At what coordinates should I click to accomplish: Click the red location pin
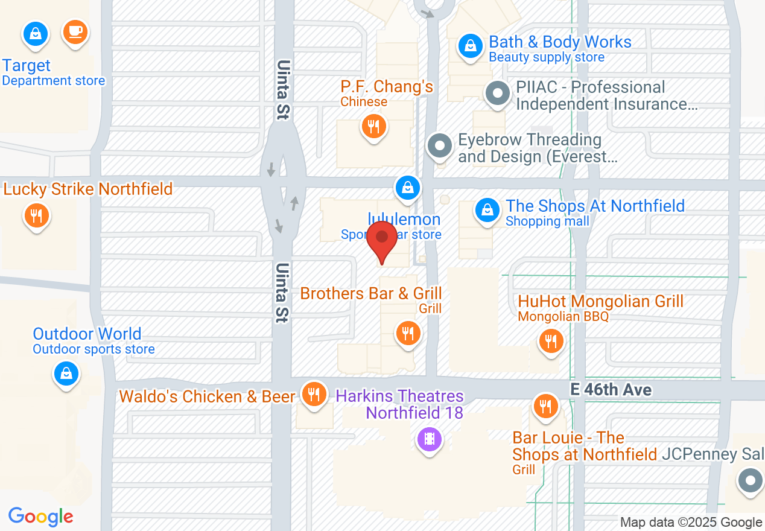pos(382,240)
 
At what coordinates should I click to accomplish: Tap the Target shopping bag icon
pos(36,34)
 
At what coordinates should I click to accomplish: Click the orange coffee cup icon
pos(75,32)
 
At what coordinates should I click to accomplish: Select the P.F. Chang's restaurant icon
pos(374,127)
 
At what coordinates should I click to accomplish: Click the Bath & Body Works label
pos(560,42)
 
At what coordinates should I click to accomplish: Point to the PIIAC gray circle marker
pos(498,94)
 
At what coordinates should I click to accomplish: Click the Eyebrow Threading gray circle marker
pos(440,146)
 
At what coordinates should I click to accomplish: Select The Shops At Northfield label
pos(595,206)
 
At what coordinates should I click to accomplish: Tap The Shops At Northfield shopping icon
pos(486,210)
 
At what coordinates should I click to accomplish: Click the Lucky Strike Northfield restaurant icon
pos(36,215)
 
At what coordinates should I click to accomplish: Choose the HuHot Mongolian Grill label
pos(600,301)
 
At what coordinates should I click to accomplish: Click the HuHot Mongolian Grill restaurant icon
pos(550,342)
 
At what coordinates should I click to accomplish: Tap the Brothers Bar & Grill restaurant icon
pos(408,332)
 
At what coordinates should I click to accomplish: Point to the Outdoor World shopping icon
pos(66,373)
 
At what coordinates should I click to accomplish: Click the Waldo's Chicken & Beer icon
pos(314,393)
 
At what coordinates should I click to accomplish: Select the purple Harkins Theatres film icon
pos(429,438)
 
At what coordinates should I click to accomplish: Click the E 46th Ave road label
pos(611,390)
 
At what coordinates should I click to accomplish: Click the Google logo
pos(41,517)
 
